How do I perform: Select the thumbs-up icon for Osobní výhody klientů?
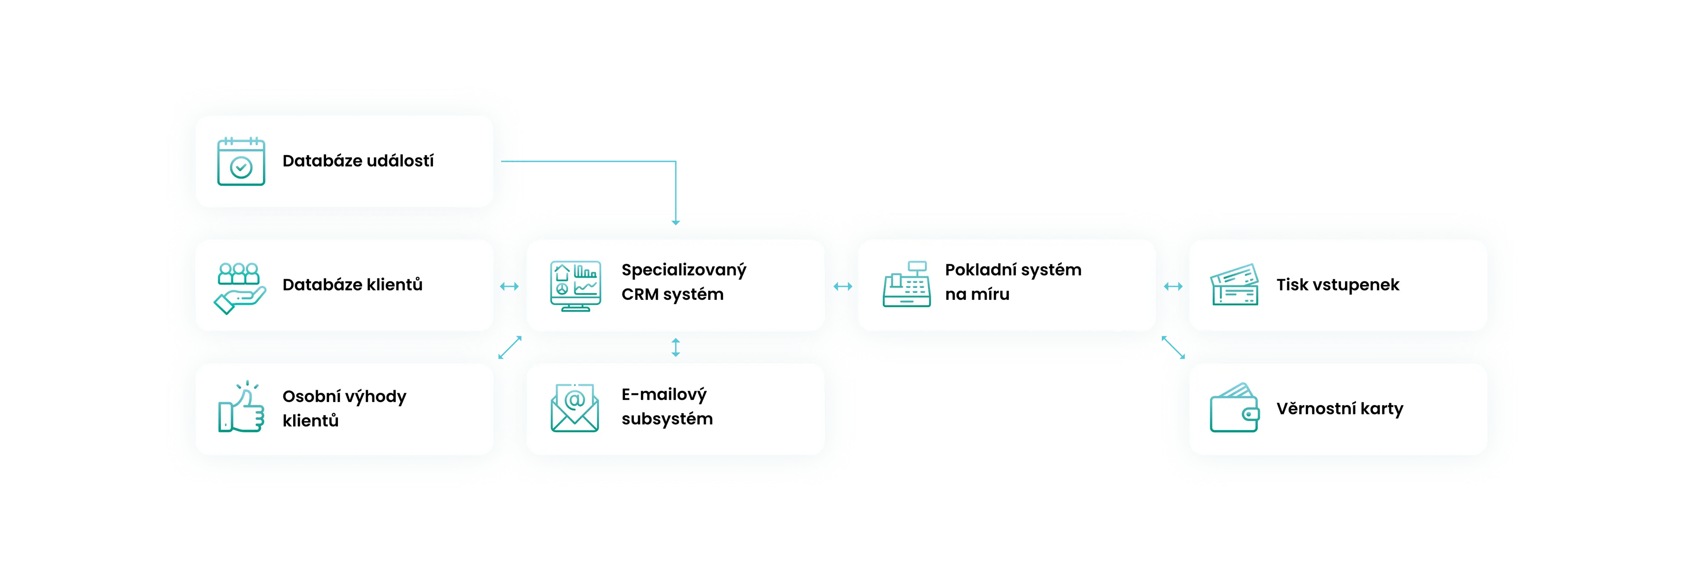point(241,408)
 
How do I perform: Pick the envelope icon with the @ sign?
point(574,408)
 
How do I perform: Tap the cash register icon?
point(907,285)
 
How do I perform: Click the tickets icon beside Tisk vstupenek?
point(1234,285)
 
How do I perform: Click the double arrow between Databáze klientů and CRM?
point(509,286)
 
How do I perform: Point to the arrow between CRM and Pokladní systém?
point(843,286)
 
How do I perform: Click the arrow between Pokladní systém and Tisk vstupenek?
point(1173,286)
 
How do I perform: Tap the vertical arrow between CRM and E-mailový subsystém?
point(675,347)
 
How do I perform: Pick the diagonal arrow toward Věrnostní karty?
point(1173,348)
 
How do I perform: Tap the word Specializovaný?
point(683,271)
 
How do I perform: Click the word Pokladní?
point(980,270)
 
